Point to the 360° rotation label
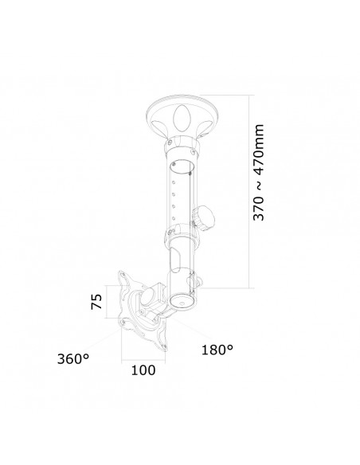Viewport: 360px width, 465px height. (x=72, y=358)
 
